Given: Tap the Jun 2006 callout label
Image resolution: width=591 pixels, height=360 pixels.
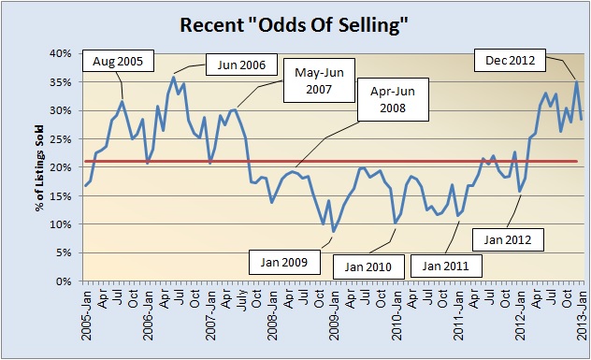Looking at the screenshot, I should coord(234,65).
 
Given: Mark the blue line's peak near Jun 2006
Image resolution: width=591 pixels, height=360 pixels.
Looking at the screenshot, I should coord(174,77).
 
